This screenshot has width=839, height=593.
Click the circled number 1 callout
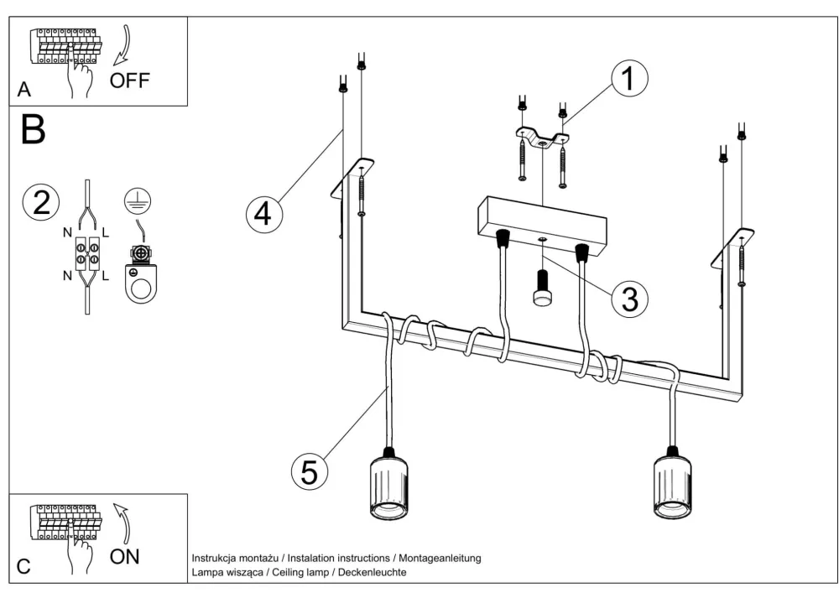(x=629, y=78)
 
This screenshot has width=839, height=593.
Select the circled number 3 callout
(x=630, y=298)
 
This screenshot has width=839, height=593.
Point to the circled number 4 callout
(x=264, y=215)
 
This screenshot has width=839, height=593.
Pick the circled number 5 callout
(x=310, y=472)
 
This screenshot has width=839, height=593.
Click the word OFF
(x=129, y=81)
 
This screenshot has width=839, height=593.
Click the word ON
(x=124, y=557)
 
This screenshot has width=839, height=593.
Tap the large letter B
(x=34, y=129)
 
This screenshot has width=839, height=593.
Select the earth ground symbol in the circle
(x=138, y=201)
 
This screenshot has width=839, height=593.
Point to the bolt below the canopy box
(x=542, y=289)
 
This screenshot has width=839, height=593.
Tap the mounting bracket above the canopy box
(x=541, y=137)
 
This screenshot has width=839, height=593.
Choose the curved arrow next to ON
(x=122, y=523)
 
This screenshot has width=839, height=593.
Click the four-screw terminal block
(x=87, y=253)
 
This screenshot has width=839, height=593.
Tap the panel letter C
(x=23, y=567)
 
